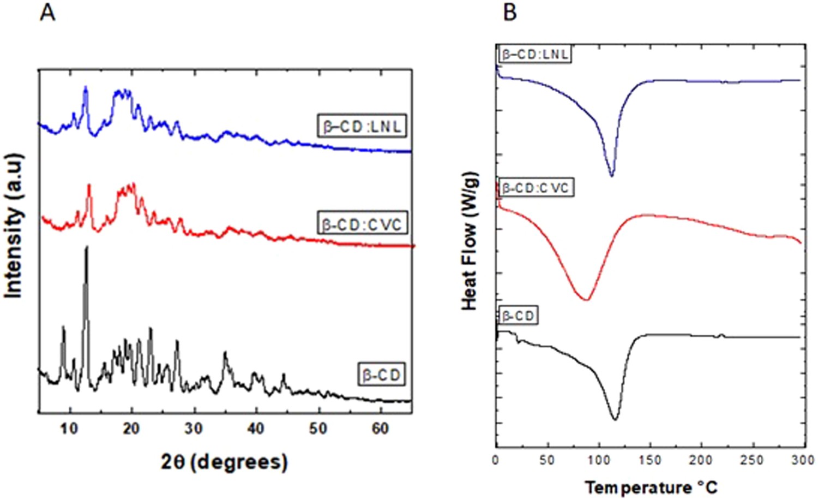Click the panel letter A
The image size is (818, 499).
pyautogui.click(x=47, y=11)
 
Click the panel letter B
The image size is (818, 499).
pyautogui.click(x=509, y=11)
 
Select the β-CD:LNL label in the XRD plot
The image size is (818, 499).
pyautogui.click(x=362, y=126)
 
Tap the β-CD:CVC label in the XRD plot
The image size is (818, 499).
pyautogui.click(x=362, y=224)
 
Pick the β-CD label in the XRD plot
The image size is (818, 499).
pyautogui.click(x=381, y=375)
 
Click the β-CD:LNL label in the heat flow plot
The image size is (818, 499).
pyautogui.click(x=534, y=54)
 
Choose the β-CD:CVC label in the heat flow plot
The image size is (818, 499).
pyautogui.click(x=536, y=188)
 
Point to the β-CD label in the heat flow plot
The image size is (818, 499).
pyautogui.click(x=518, y=316)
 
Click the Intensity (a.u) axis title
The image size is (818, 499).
pyautogui.click(x=14, y=226)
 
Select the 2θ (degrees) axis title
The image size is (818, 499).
pyautogui.click(x=224, y=462)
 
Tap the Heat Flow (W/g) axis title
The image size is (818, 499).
pyautogui.click(x=470, y=241)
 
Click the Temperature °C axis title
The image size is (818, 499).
pyautogui.click(x=651, y=486)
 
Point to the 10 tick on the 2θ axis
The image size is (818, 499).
pyautogui.click(x=69, y=429)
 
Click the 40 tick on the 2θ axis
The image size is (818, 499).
pyautogui.click(x=256, y=429)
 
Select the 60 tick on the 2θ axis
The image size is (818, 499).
pyautogui.click(x=380, y=429)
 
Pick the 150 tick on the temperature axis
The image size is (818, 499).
pyautogui.click(x=649, y=460)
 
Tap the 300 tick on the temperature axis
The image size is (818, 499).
pyautogui.click(x=803, y=460)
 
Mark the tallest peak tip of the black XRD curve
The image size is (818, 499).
pyautogui.click(x=86, y=247)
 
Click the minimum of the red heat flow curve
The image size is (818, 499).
pyautogui.click(x=586, y=300)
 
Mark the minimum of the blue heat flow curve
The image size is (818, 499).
pyautogui.click(x=611, y=176)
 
